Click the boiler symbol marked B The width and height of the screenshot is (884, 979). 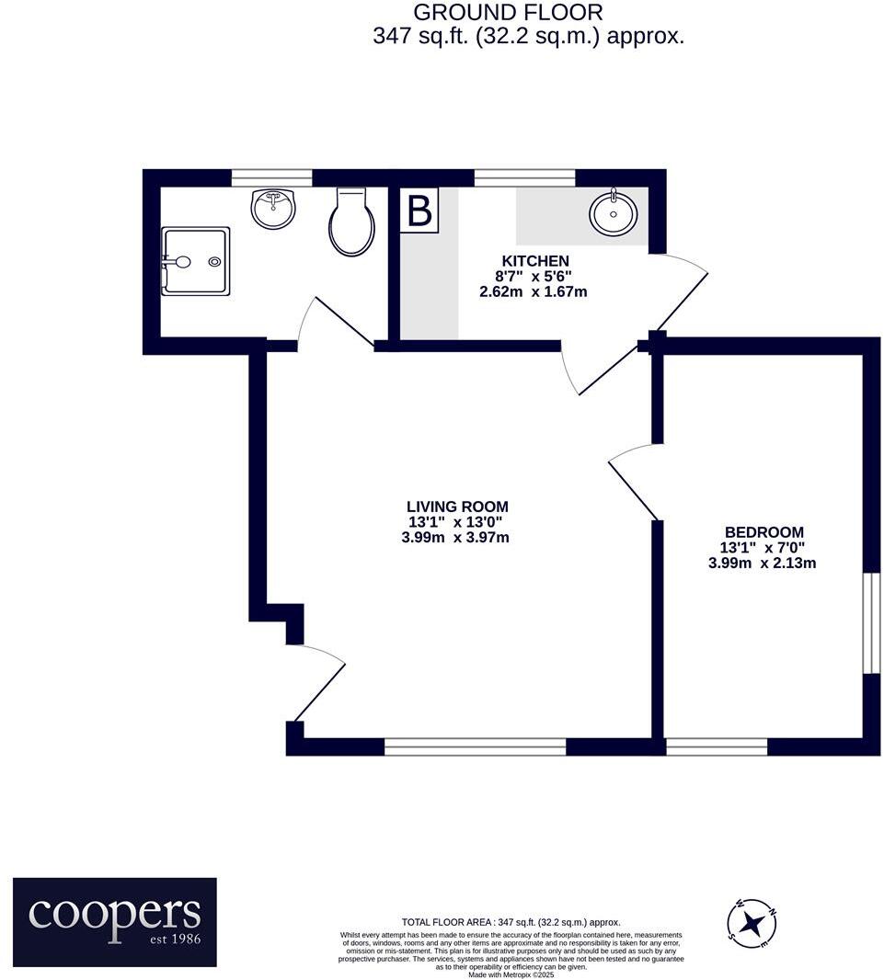click(x=419, y=211)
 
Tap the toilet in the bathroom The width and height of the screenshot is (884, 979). click(x=352, y=223)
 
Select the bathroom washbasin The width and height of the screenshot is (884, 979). click(x=274, y=208)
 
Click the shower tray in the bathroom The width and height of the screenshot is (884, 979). click(x=195, y=261)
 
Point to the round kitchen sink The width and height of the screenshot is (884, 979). click(x=613, y=215)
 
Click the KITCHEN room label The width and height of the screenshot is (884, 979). click(x=534, y=260)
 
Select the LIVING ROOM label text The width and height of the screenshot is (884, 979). click(x=456, y=507)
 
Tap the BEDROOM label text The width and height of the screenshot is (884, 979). click(x=763, y=531)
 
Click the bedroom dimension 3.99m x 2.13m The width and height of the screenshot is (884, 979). click(x=762, y=563)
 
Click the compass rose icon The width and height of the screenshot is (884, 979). click(x=752, y=922)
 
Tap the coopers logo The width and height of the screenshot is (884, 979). click(x=115, y=922)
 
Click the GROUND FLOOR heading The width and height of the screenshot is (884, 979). click(x=508, y=13)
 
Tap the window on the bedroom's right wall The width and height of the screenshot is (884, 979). click(x=865, y=624)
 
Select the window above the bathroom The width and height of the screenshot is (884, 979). click(x=271, y=177)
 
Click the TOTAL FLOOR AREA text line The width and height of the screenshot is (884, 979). click(x=511, y=922)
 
